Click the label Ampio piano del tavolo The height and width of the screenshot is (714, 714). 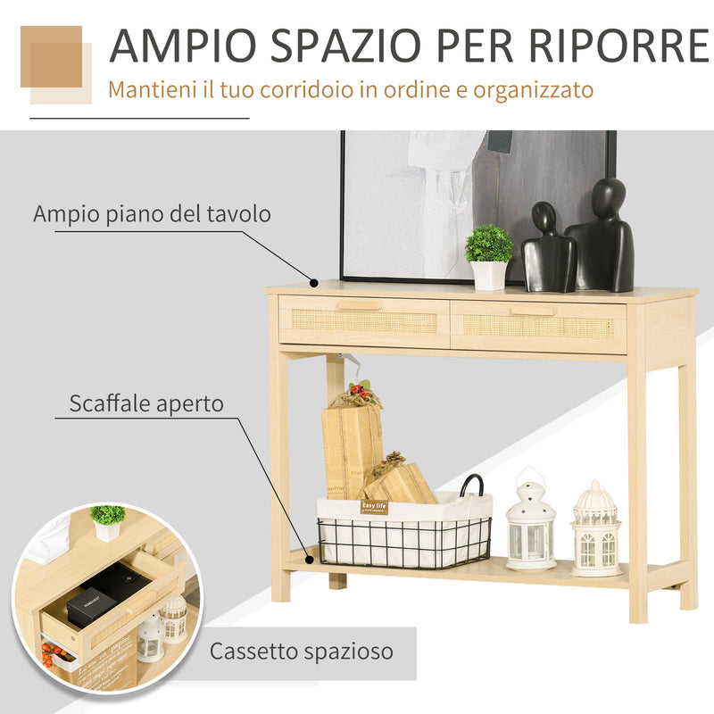click(x=152, y=214)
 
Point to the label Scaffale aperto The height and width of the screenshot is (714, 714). click(x=146, y=403)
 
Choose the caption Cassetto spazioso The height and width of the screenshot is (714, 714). click(x=301, y=652)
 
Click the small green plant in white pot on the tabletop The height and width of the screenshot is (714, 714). click(x=489, y=255)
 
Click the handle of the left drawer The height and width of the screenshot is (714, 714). click(x=361, y=305)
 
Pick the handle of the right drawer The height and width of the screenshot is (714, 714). click(x=533, y=311)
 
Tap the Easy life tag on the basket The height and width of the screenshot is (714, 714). click(x=375, y=506)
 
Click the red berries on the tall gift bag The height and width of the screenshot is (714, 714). click(x=359, y=390)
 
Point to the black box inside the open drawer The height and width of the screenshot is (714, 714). click(x=90, y=607)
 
